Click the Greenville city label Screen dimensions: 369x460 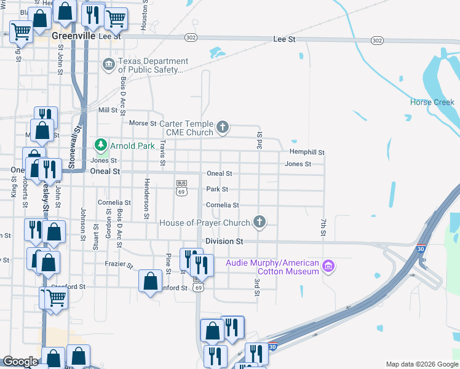click(x=73, y=36)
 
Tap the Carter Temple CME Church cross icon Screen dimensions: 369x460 click(x=223, y=127)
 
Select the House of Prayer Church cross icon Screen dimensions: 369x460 click(x=260, y=222)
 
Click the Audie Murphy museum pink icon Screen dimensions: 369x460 click(x=328, y=266)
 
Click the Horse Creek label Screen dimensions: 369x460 click(x=432, y=102)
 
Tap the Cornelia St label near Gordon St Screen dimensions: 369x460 click(x=114, y=202)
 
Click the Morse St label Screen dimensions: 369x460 click(x=143, y=123)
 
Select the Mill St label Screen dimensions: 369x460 click(x=108, y=110)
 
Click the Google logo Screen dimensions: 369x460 click(x=20, y=362)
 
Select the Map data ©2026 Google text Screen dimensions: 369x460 click(x=421, y=364)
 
